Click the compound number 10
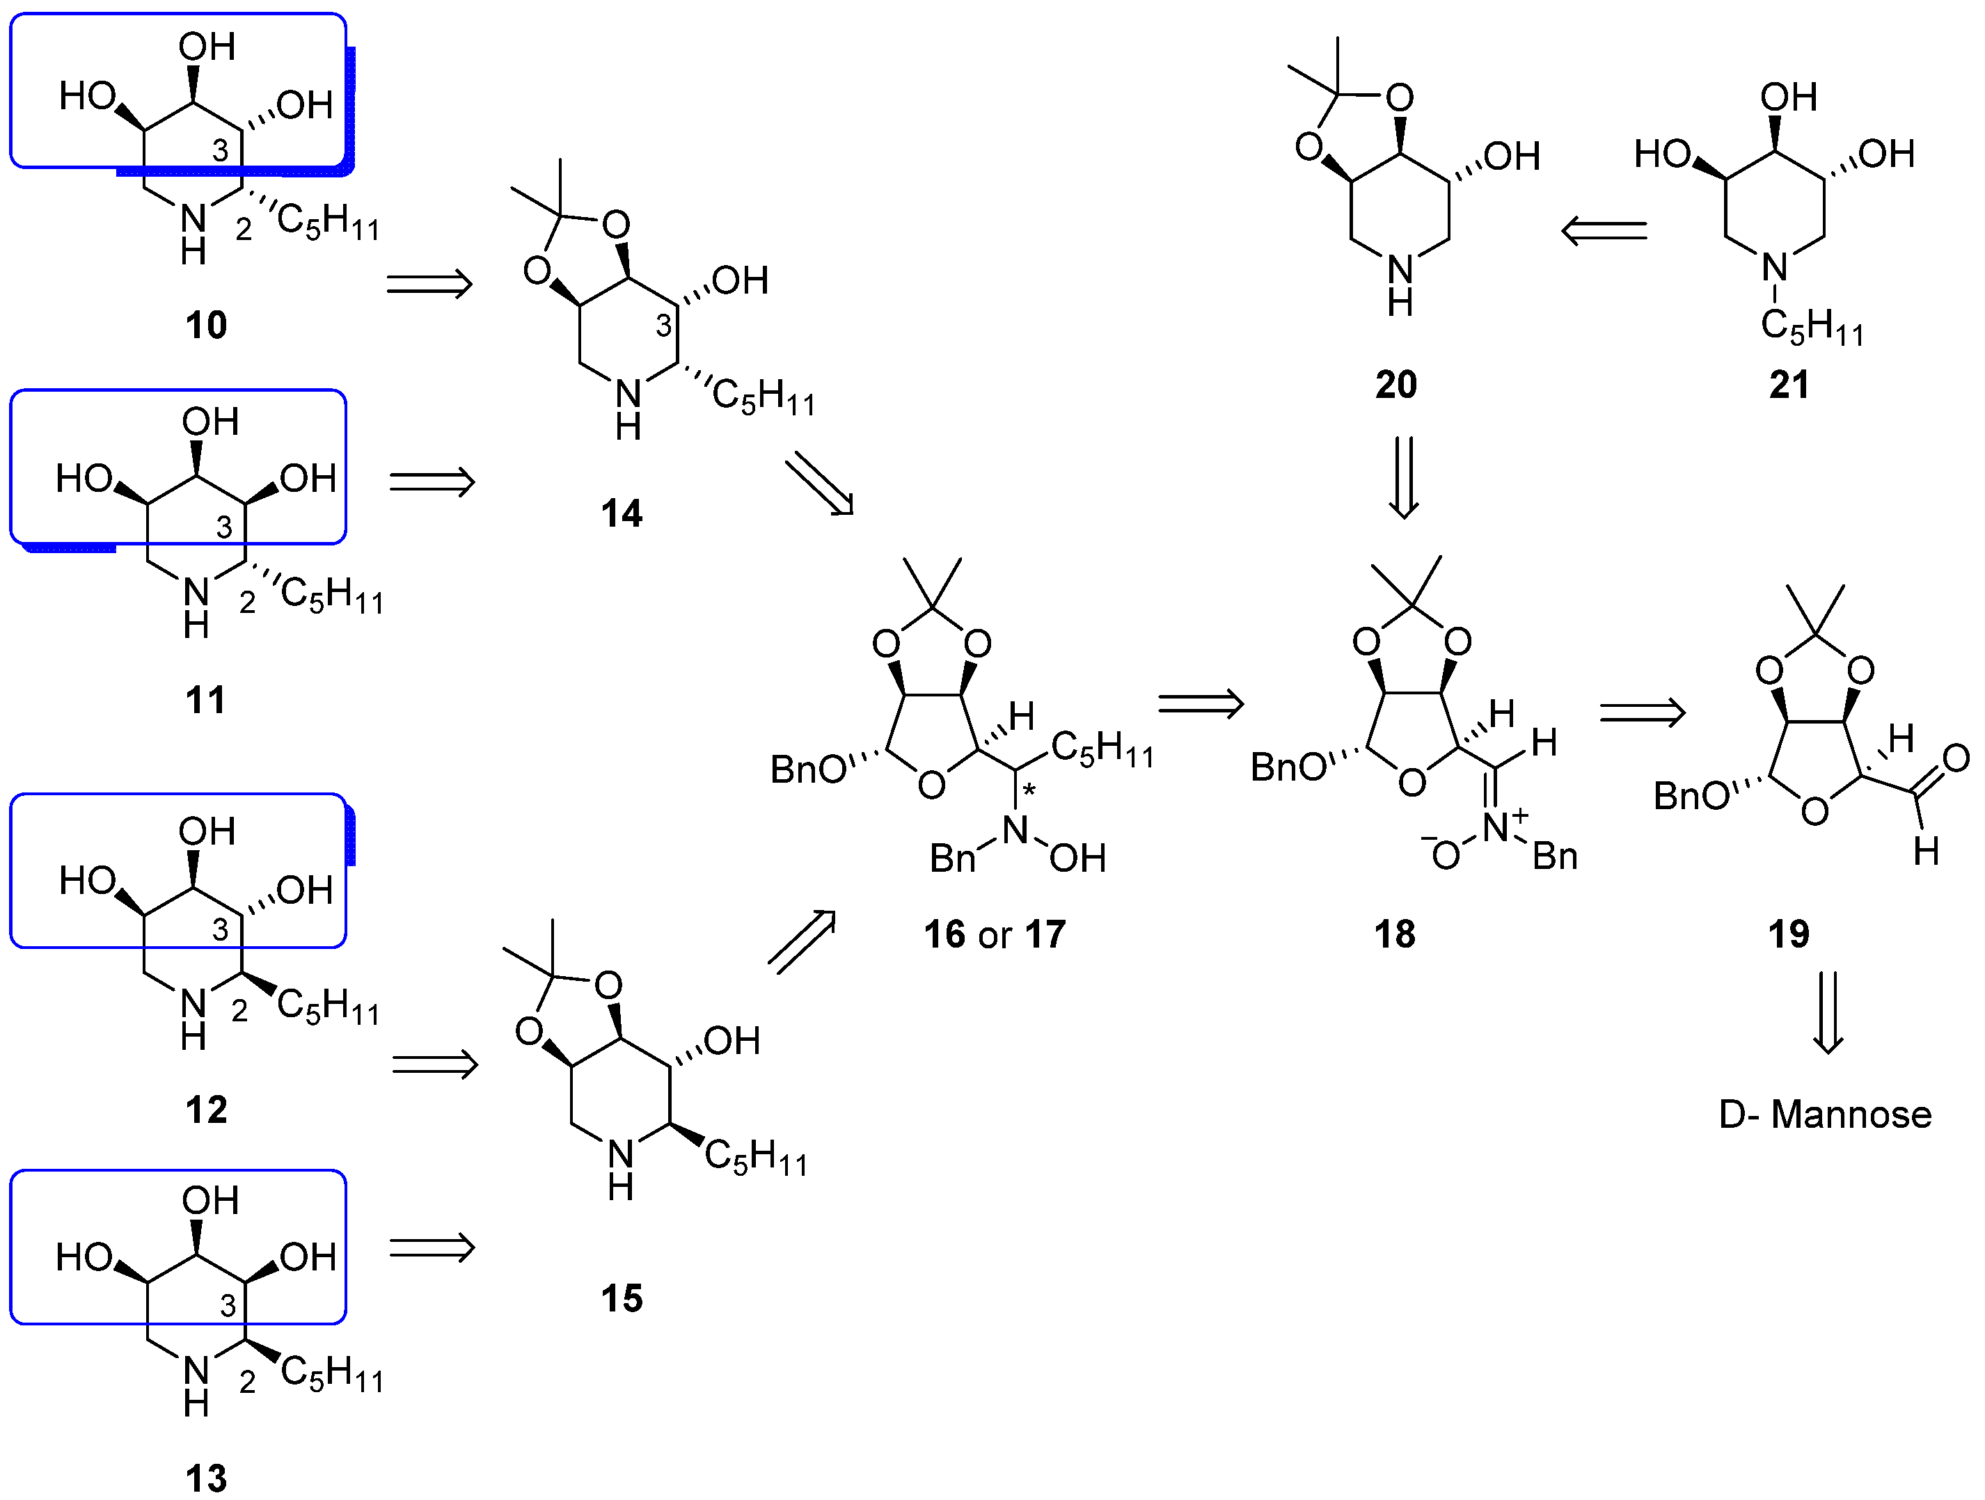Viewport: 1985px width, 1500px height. click(x=205, y=325)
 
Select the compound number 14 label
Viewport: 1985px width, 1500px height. click(x=621, y=513)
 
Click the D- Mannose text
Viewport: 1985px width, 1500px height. click(x=1824, y=1115)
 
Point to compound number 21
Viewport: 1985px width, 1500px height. click(x=1789, y=385)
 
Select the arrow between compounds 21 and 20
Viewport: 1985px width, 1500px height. click(x=1604, y=232)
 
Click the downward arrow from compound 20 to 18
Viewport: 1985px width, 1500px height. click(x=1404, y=477)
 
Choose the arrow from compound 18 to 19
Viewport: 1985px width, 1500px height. click(x=1642, y=713)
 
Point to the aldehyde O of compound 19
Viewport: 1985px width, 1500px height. click(x=1955, y=759)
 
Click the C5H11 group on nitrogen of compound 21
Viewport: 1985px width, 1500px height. click(x=1811, y=326)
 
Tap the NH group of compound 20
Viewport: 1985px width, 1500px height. click(x=1400, y=285)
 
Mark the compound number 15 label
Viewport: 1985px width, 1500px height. click(x=621, y=1299)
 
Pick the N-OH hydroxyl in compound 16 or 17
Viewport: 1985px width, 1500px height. click(x=1077, y=859)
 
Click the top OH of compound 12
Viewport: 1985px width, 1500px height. click(x=207, y=831)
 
